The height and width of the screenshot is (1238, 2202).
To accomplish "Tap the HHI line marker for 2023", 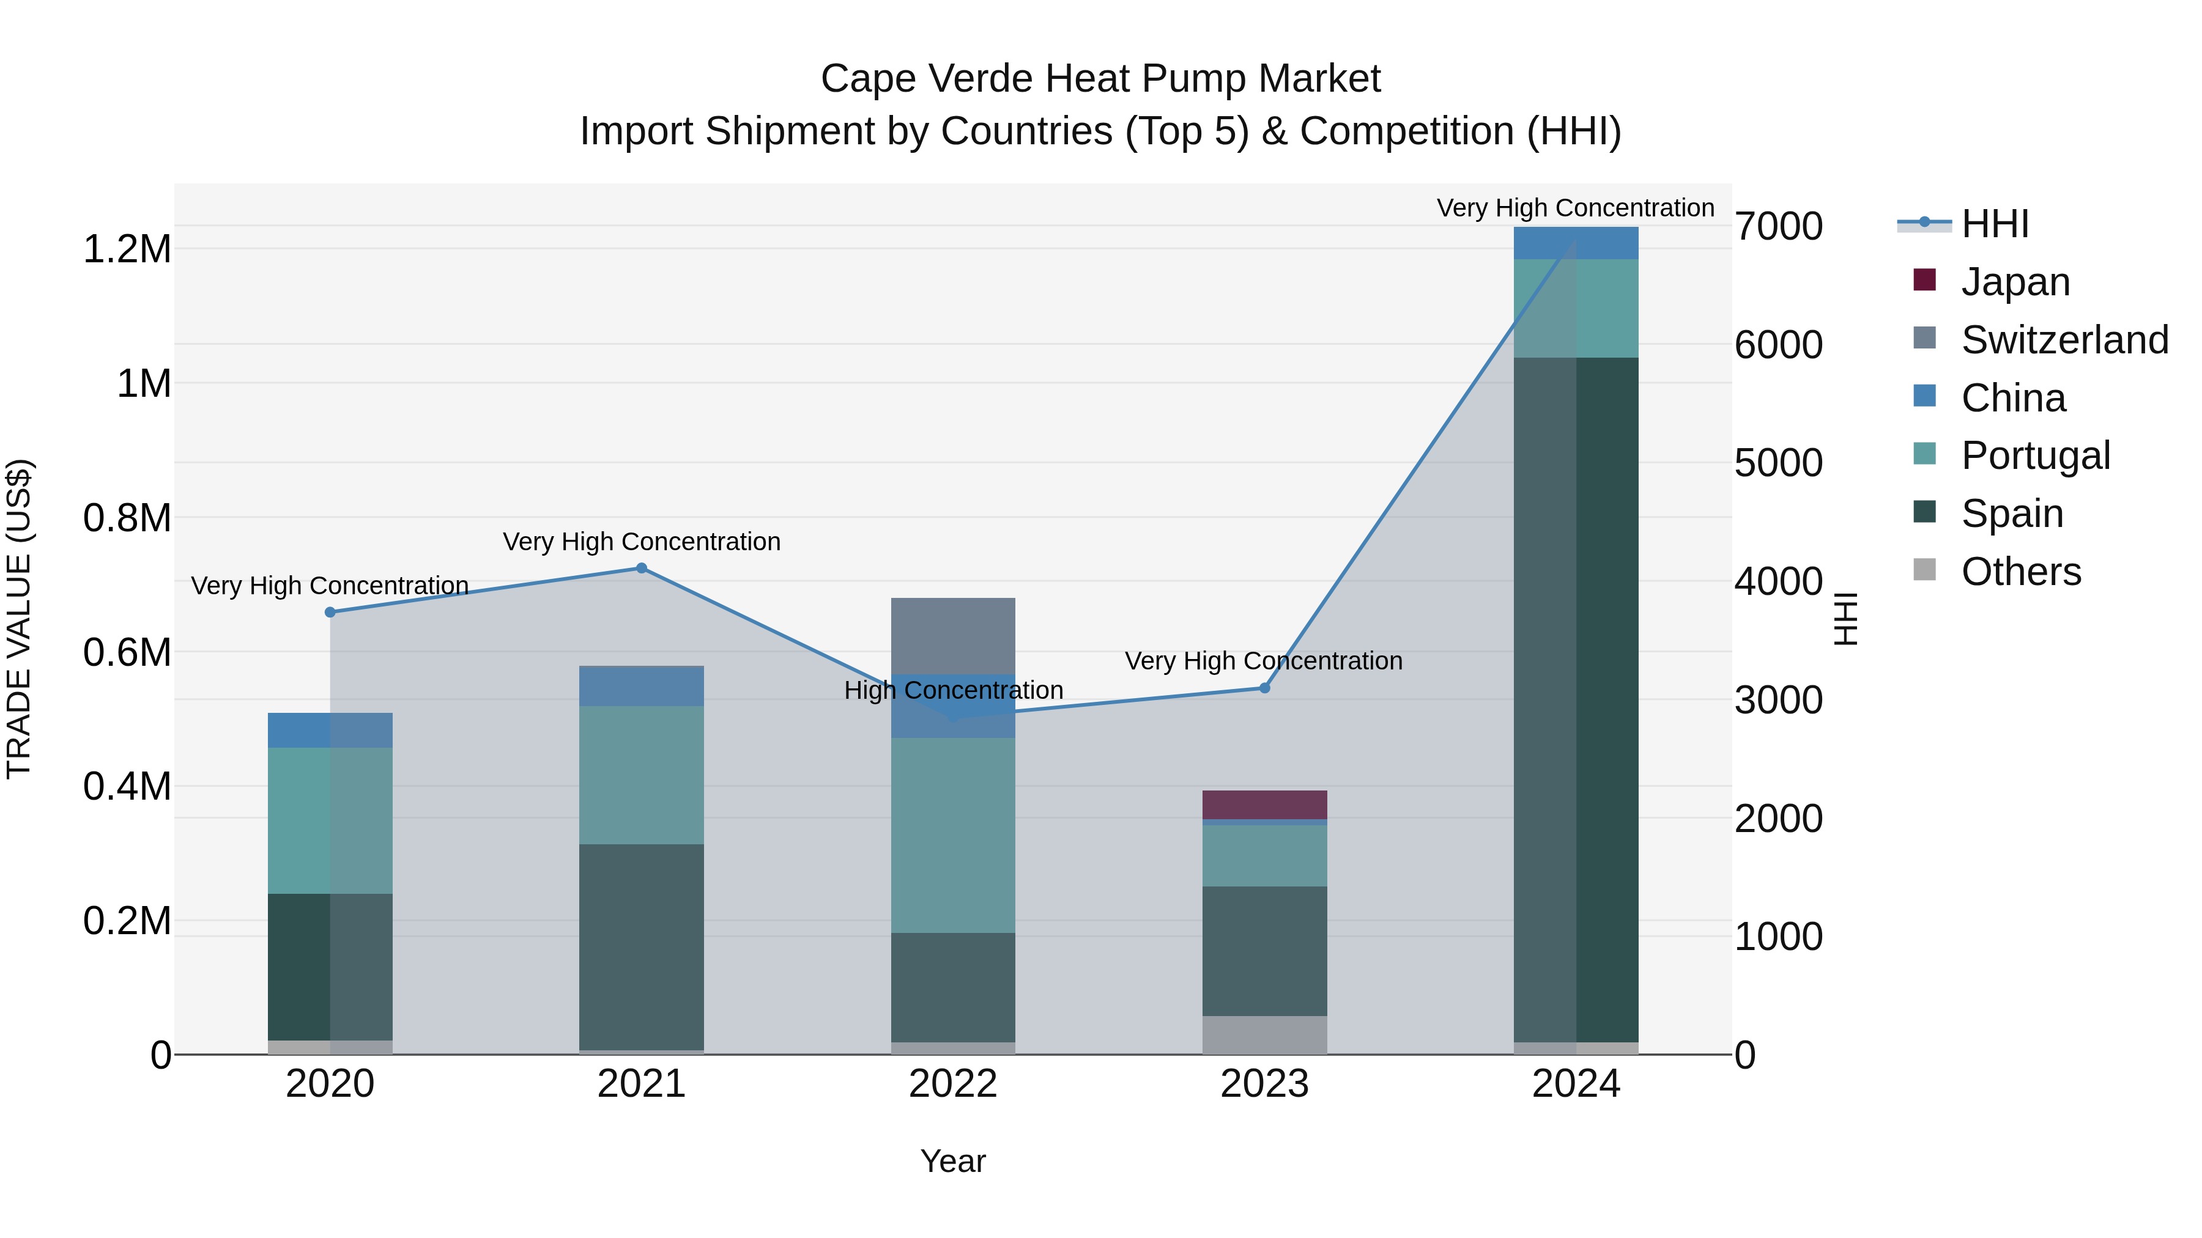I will pyautogui.click(x=1265, y=688).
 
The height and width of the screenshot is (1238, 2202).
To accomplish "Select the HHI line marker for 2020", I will pyautogui.click(x=330, y=612).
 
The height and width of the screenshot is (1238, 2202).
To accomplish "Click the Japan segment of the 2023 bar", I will pyautogui.click(x=1265, y=805).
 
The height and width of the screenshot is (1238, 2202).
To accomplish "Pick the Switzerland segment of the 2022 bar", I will pyautogui.click(x=953, y=636).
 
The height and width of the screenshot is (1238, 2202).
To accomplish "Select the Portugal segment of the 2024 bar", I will pyautogui.click(x=1576, y=308).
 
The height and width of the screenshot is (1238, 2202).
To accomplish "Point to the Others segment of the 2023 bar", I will pyautogui.click(x=1265, y=1034).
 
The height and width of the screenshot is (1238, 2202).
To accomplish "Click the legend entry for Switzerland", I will pyautogui.click(x=2064, y=340).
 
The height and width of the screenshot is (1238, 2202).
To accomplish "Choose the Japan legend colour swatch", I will pyautogui.click(x=1924, y=280).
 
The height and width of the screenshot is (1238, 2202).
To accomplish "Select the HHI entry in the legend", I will pyautogui.click(x=1994, y=224).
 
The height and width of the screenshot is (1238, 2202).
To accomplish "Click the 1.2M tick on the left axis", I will pyautogui.click(x=127, y=249).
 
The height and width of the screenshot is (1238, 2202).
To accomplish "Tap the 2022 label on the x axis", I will pyautogui.click(x=953, y=1084).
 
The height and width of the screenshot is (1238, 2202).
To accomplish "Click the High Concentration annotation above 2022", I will pyautogui.click(x=953, y=690).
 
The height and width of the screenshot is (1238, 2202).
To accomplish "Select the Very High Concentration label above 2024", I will pyautogui.click(x=1576, y=208).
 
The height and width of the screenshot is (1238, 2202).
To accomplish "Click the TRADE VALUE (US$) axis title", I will pyautogui.click(x=19, y=619).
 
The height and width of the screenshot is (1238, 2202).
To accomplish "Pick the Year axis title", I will pyautogui.click(x=953, y=1161).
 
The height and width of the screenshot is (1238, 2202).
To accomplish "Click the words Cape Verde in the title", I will pyautogui.click(x=927, y=79).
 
